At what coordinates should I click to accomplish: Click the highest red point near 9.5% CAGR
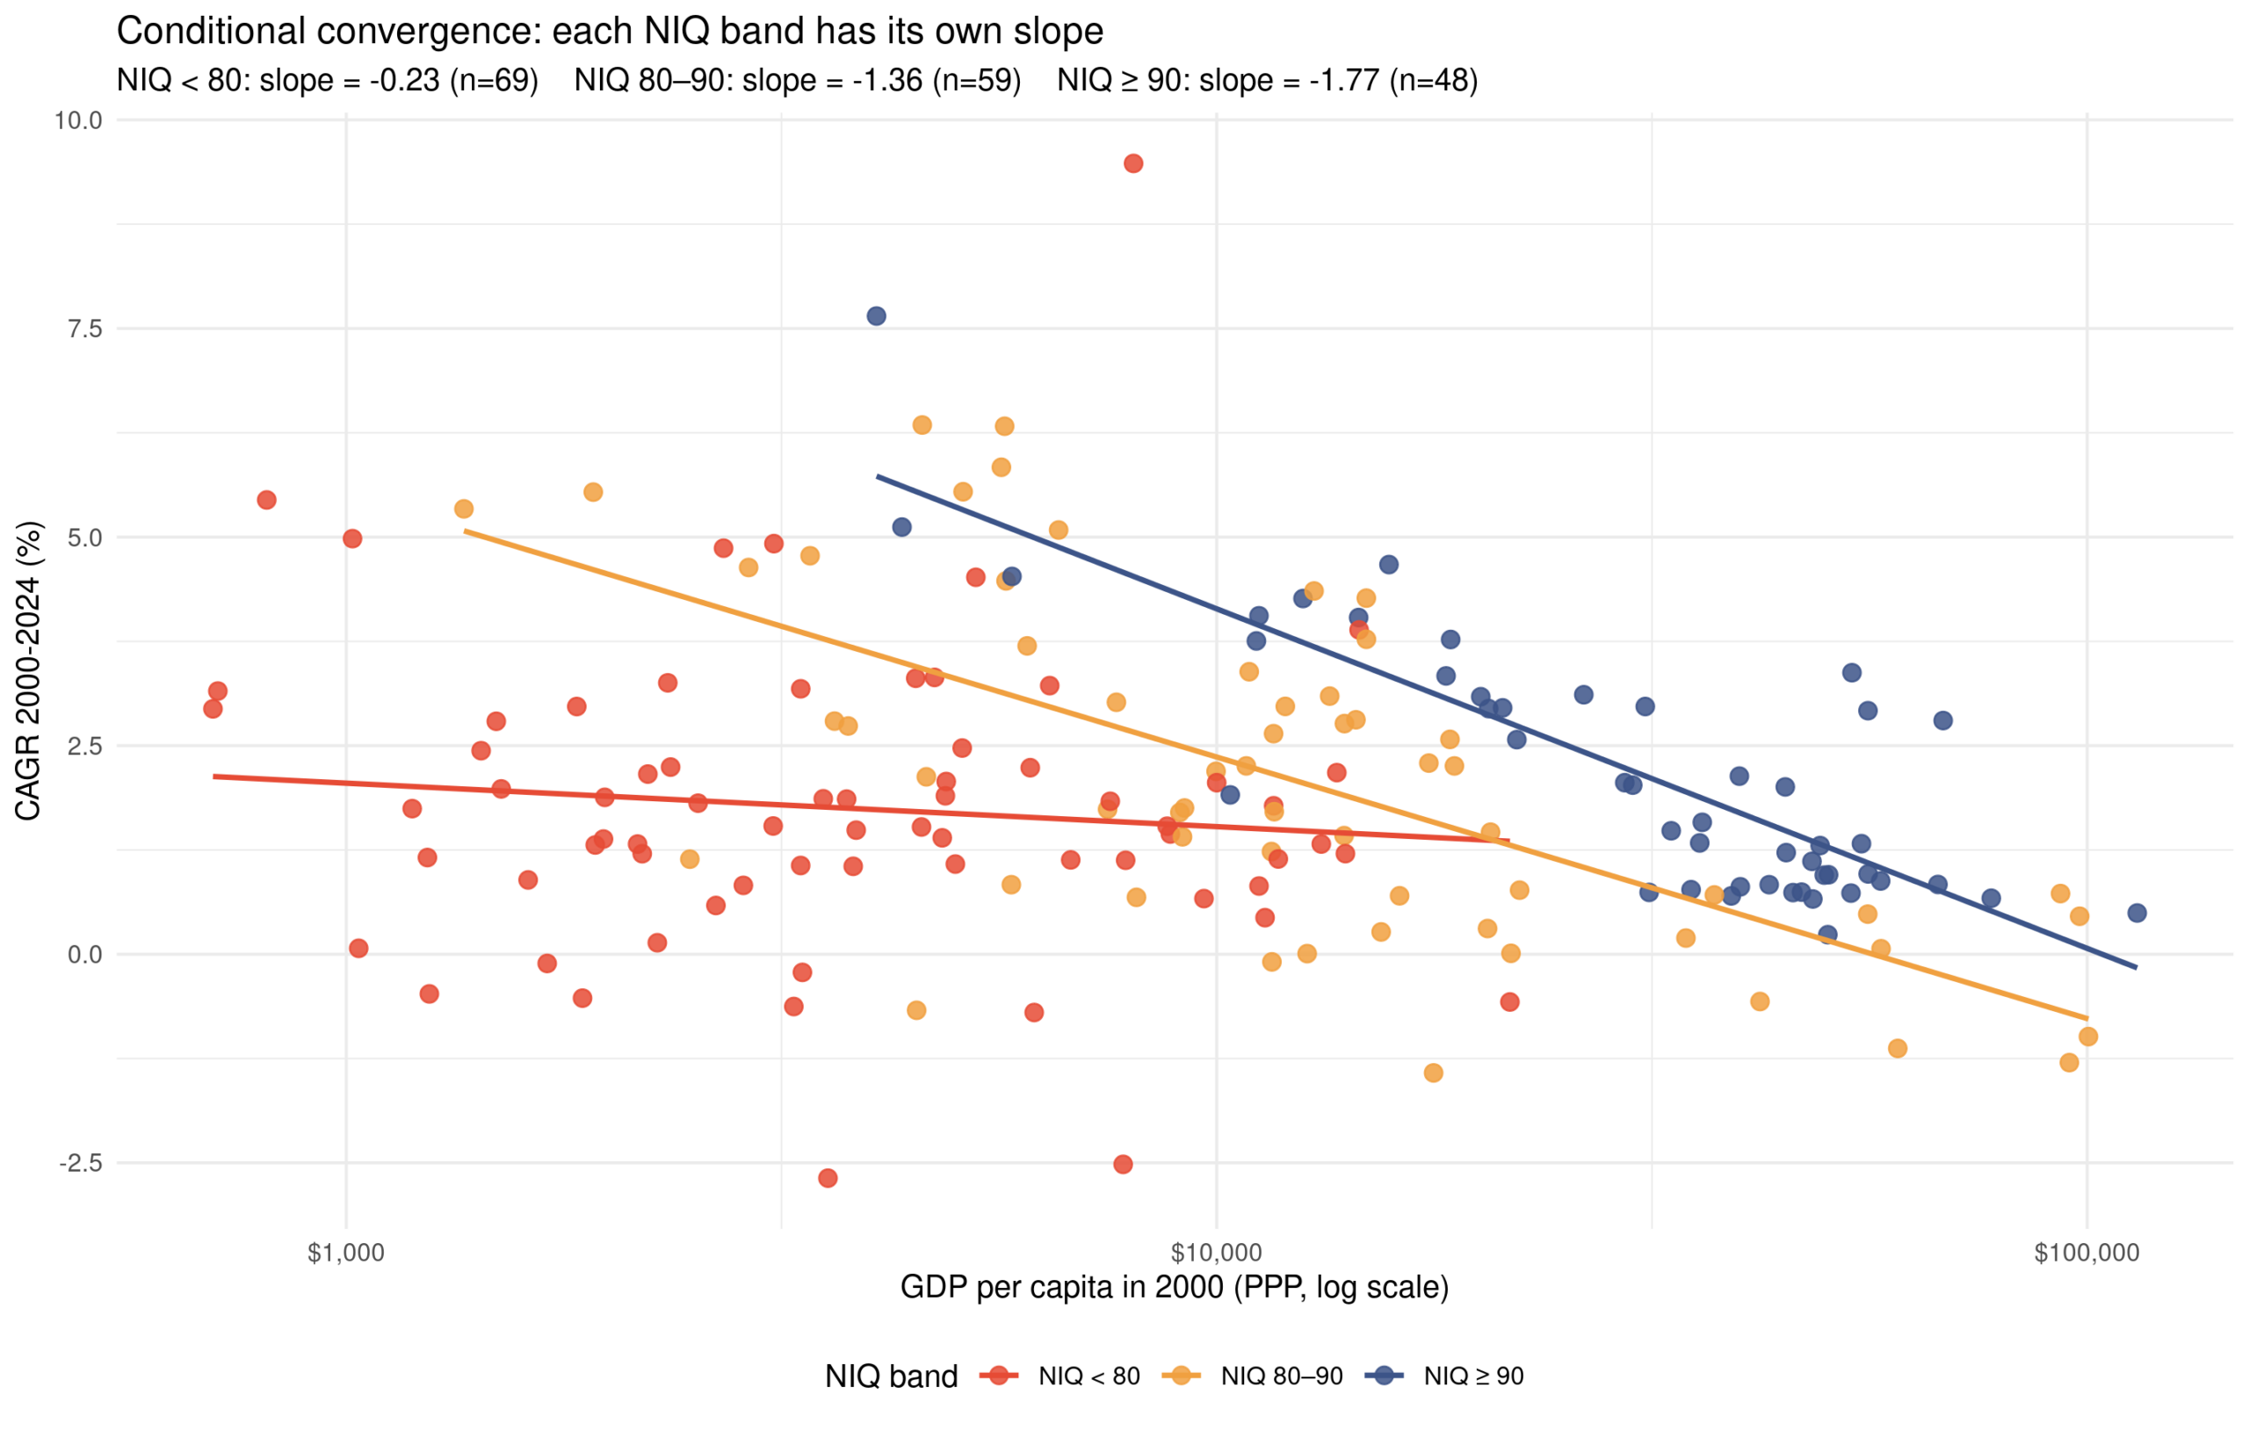[1133, 163]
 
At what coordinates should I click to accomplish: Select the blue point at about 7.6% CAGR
[876, 315]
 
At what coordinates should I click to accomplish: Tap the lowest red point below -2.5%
[828, 1178]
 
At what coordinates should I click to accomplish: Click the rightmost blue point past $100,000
[2137, 913]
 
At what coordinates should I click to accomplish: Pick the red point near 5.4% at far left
[266, 500]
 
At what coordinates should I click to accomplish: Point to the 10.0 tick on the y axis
[77, 119]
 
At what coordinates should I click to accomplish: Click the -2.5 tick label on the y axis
[80, 1163]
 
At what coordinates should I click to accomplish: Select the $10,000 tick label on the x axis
[1216, 1254]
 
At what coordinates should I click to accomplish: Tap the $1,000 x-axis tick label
[345, 1254]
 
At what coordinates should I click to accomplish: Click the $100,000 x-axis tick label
[2086, 1254]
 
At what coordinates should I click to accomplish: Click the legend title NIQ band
[891, 1376]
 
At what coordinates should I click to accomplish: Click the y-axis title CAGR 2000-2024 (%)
[28, 670]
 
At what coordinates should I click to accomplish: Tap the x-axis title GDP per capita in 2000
[1174, 1287]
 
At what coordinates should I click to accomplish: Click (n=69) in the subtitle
[494, 80]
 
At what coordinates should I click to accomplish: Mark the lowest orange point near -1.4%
[1433, 1073]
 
